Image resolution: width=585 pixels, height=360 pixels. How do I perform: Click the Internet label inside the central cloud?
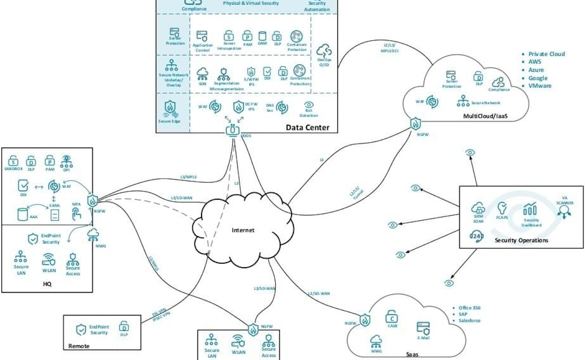(243, 230)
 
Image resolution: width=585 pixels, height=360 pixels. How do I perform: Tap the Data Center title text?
(307, 127)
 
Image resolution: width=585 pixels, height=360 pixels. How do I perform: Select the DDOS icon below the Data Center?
(232, 130)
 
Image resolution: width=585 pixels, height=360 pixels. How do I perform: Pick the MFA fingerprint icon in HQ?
(77, 213)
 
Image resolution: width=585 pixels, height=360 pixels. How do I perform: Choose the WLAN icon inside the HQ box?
(49, 260)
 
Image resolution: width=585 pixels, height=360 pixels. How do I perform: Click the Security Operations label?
(521, 240)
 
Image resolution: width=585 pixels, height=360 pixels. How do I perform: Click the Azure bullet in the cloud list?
(536, 70)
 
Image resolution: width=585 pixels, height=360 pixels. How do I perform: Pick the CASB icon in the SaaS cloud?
(392, 316)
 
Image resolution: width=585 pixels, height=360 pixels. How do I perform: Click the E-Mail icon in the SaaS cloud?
(422, 328)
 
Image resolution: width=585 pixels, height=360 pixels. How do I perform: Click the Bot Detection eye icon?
(308, 105)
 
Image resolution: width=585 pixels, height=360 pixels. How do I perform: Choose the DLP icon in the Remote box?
(123, 327)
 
